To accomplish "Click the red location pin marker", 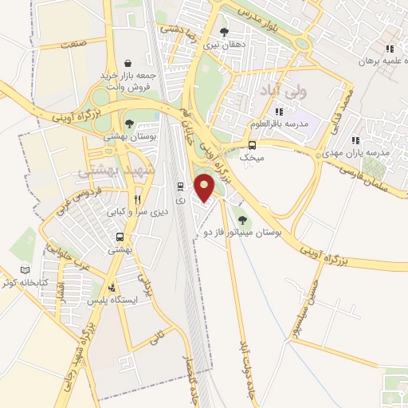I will pos(205,187).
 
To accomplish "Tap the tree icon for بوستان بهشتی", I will pos(129,123).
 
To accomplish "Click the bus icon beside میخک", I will pos(253,145).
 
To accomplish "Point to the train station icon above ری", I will pos(180,186).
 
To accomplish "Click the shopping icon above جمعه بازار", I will pos(128,62).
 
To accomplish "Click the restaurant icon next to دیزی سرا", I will pos(138,200).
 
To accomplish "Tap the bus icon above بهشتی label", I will pos(120,237).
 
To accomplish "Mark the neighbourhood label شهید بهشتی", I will pos(109,171).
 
